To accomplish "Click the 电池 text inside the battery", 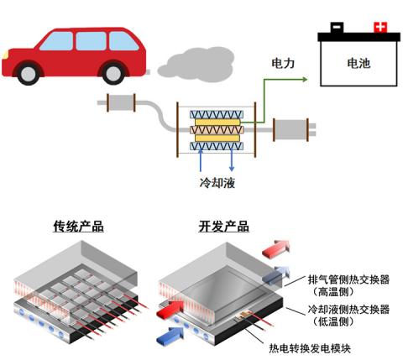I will [x=358, y=62].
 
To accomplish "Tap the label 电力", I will [x=282, y=63].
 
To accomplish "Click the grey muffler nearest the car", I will [x=123, y=104].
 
